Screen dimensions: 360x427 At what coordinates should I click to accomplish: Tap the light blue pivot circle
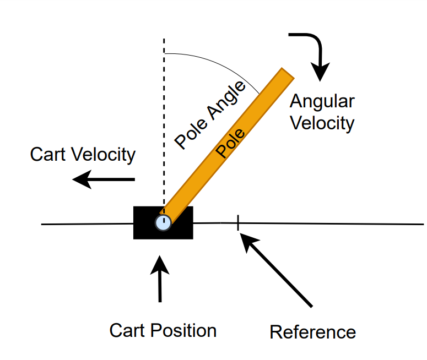(x=163, y=222)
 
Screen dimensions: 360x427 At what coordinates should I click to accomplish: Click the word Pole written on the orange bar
(x=230, y=143)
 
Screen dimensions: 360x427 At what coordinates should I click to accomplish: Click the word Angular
(x=322, y=102)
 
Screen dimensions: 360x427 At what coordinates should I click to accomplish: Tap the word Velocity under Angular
(x=322, y=123)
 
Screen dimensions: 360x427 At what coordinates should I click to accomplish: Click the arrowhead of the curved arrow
(x=320, y=72)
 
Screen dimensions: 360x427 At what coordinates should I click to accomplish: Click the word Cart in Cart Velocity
(x=50, y=155)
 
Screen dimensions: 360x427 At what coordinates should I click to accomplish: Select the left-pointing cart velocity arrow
(x=104, y=179)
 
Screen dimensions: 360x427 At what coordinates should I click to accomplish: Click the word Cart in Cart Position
(x=126, y=330)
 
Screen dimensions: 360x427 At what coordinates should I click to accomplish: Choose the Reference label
(x=312, y=332)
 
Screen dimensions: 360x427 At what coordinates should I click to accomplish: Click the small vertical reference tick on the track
(x=237, y=223)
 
